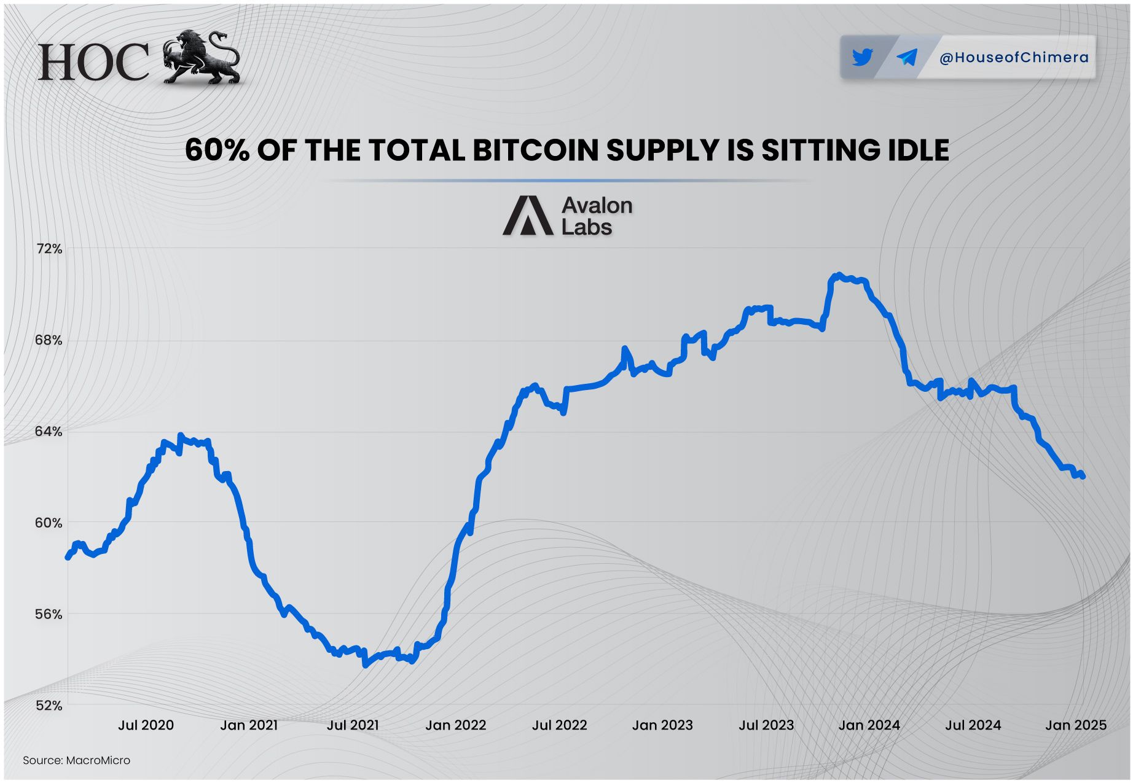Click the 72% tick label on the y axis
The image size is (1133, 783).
(x=49, y=249)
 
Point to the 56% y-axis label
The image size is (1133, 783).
(x=49, y=615)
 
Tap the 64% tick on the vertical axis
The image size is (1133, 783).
(x=49, y=432)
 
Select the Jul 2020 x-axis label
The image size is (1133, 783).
(x=146, y=725)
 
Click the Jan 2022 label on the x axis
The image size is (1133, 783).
(x=455, y=725)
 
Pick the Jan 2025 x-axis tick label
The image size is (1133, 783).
(x=1075, y=725)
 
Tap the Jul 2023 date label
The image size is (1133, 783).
(x=766, y=725)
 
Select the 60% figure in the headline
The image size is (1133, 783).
(x=217, y=150)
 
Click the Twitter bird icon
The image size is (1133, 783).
(x=863, y=58)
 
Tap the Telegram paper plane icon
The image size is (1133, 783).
(x=907, y=58)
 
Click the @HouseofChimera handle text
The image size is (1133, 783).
(x=1014, y=58)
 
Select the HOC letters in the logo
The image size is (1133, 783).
(x=93, y=63)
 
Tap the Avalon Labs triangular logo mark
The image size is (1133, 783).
(x=528, y=216)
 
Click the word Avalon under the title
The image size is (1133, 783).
(x=597, y=205)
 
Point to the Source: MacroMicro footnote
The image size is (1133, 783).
(x=76, y=760)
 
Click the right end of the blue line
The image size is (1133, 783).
(x=1083, y=476)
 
